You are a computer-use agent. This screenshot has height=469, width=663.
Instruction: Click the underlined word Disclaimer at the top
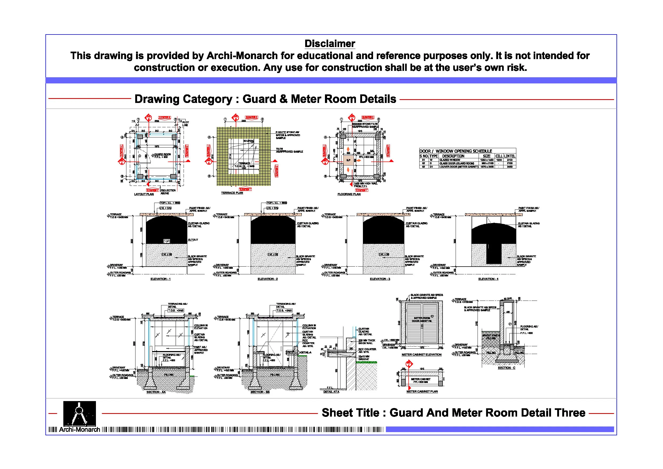pyautogui.click(x=330, y=44)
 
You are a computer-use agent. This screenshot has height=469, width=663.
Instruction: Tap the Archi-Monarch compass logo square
pyautogui.click(x=79, y=414)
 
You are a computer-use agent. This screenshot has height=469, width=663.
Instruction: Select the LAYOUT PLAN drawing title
pyautogui.click(x=144, y=194)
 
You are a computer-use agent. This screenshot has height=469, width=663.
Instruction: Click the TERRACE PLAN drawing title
pyautogui.click(x=232, y=193)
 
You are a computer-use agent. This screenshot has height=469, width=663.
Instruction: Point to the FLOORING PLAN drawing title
pyautogui.click(x=349, y=194)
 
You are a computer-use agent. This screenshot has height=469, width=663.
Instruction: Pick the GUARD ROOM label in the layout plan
pyautogui.click(x=162, y=154)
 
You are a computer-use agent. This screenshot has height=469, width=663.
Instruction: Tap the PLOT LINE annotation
pyautogui.click(x=185, y=124)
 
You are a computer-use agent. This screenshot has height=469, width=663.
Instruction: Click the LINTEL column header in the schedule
pyautogui.click(x=509, y=156)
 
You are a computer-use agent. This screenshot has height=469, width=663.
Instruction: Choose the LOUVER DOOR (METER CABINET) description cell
pyautogui.click(x=459, y=167)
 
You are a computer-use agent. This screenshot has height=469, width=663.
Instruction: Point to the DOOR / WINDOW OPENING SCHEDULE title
pyautogui.click(x=456, y=151)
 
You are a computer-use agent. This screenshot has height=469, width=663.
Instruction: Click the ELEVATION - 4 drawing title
pyautogui.click(x=488, y=279)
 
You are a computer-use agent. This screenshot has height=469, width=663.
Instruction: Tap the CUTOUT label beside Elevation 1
pyautogui.click(x=193, y=240)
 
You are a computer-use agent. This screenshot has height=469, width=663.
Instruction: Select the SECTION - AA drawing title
pyautogui.click(x=156, y=392)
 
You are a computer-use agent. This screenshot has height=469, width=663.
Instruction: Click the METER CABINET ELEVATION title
pyautogui.click(x=421, y=355)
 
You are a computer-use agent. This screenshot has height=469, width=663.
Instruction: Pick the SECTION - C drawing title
pyautogui.click(x=506, y=368)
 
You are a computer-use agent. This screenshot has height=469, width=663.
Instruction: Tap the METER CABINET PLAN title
pyautogui.click(x=422, y=391)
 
